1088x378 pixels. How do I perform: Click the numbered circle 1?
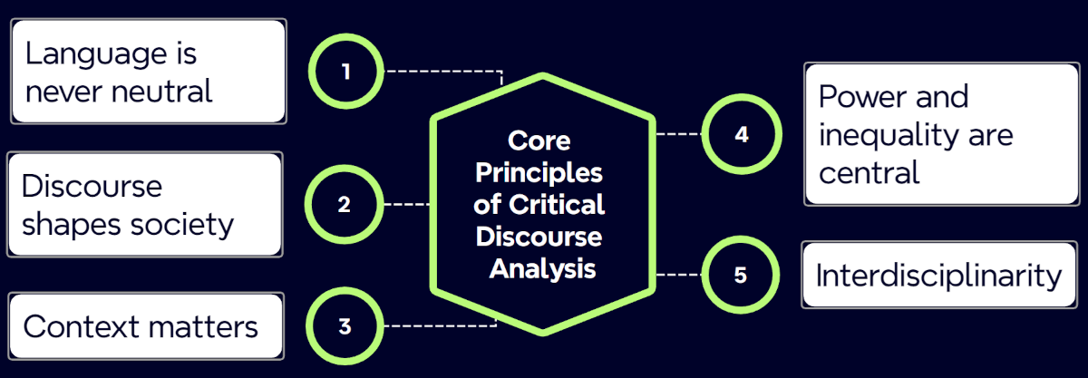[345, 71]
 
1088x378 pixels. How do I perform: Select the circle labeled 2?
[344, 205]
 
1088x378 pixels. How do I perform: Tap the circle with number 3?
[345, 326]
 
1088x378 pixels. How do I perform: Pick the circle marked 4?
[742, 135]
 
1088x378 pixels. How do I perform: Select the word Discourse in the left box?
[92, 186]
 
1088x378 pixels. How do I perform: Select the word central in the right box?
[869, 171]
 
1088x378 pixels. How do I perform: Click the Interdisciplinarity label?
[938, 275]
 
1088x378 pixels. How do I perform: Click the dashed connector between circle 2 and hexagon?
[406, 205]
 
